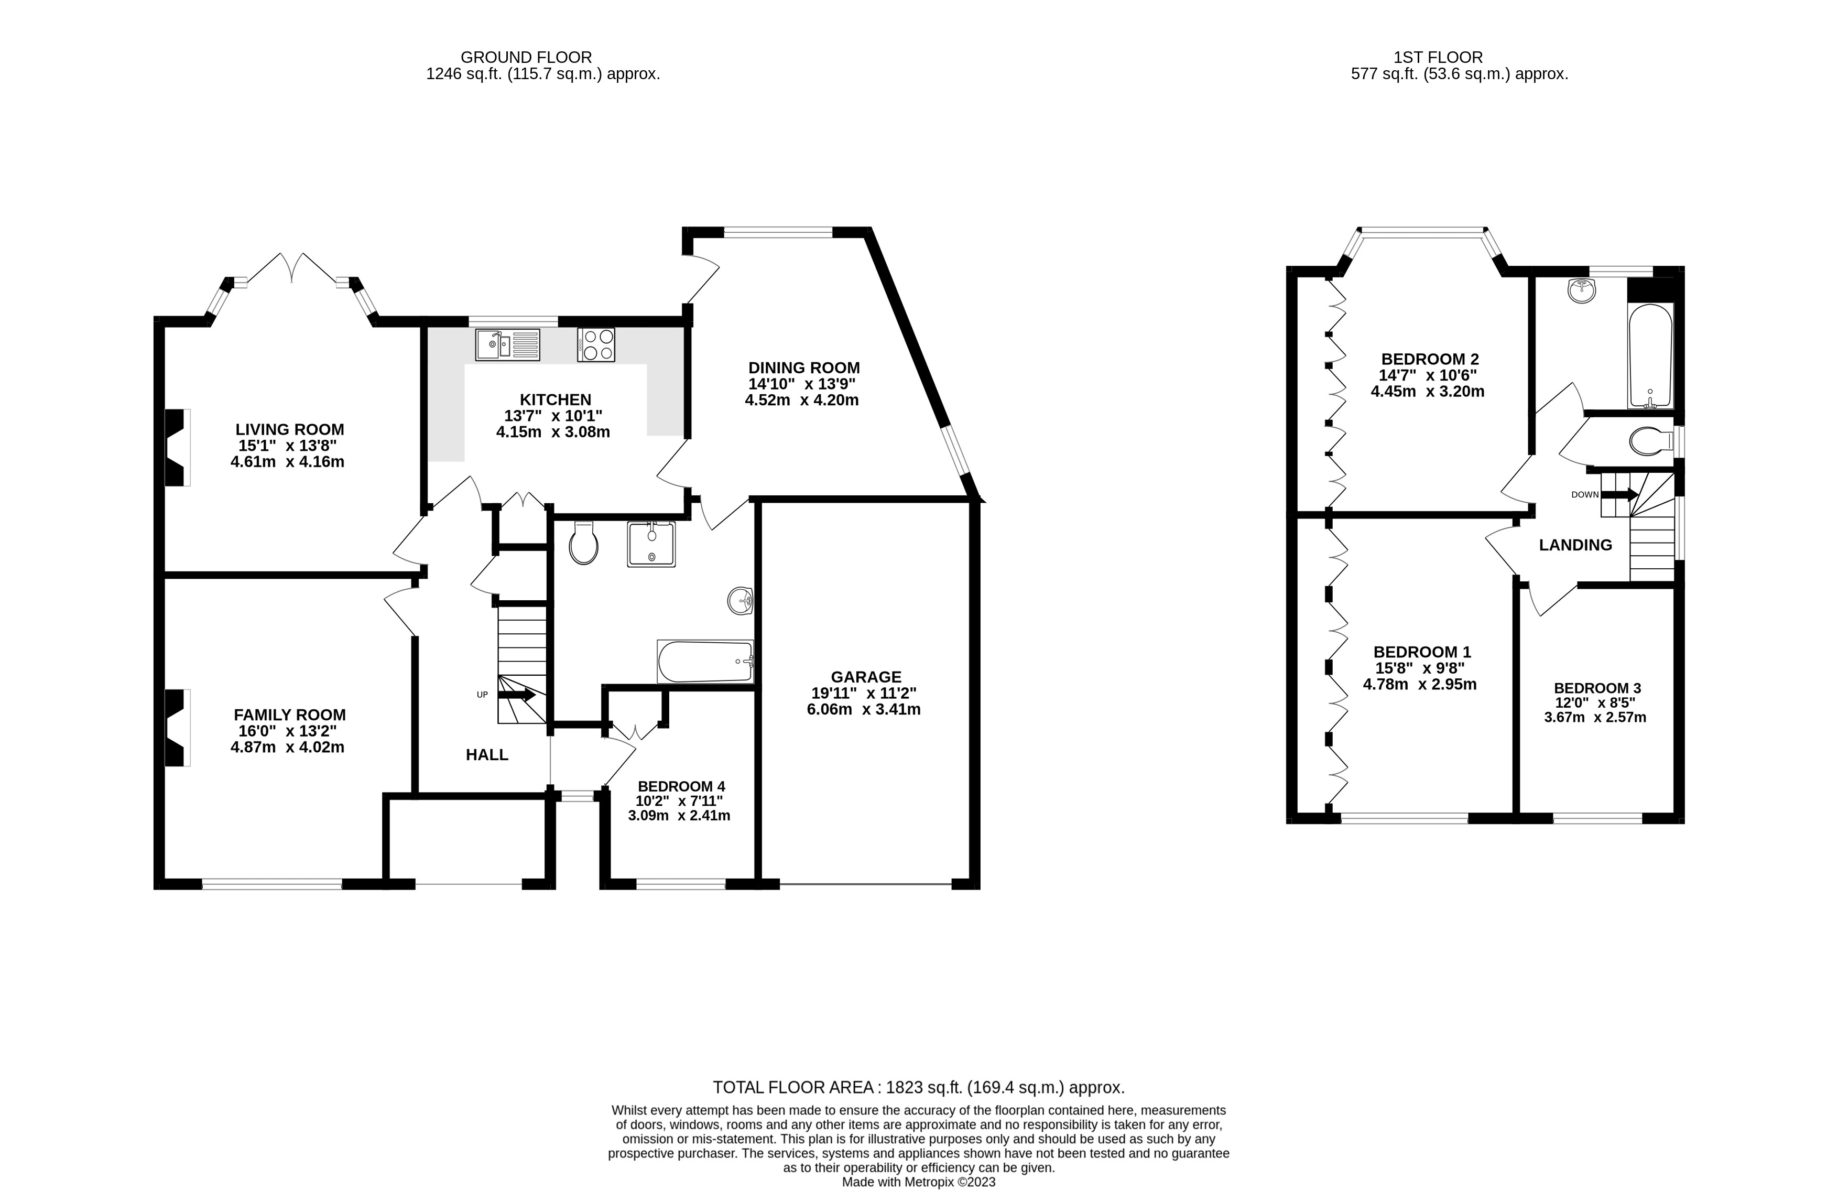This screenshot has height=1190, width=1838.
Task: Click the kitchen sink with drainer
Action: tap(507, 344)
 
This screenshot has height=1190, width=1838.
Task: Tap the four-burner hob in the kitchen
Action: tap(595, 344)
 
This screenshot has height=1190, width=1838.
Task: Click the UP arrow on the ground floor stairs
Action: tap(517, 695)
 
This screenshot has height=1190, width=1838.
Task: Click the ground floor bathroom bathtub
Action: tap(704, 662)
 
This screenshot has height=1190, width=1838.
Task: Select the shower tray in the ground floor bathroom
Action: tap(651, 545)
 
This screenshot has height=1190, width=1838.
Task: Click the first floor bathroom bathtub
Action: tap(1650, 355)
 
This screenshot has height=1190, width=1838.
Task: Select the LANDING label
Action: tap(1575, 545)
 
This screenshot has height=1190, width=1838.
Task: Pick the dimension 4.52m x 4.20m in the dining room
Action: tap(802, 400)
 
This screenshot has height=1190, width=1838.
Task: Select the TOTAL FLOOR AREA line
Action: tap(918, 1087)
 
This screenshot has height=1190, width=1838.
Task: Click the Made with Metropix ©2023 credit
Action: tap(918, 1182)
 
